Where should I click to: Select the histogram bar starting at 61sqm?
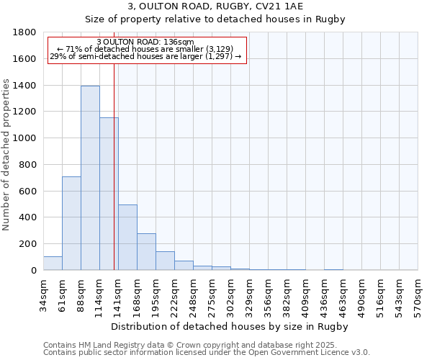(71, 223)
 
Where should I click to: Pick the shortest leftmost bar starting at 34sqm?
(53, 264)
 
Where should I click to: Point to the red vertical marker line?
(114, 166)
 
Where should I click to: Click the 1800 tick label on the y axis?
(24, 32)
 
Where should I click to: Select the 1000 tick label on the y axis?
(24, 138)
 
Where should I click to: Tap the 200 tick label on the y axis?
(27, 244)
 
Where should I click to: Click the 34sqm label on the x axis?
(43, 294)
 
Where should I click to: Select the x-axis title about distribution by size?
(230, 326)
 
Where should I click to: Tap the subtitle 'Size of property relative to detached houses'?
(215, 19)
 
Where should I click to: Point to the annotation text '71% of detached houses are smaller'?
(146, 49)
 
